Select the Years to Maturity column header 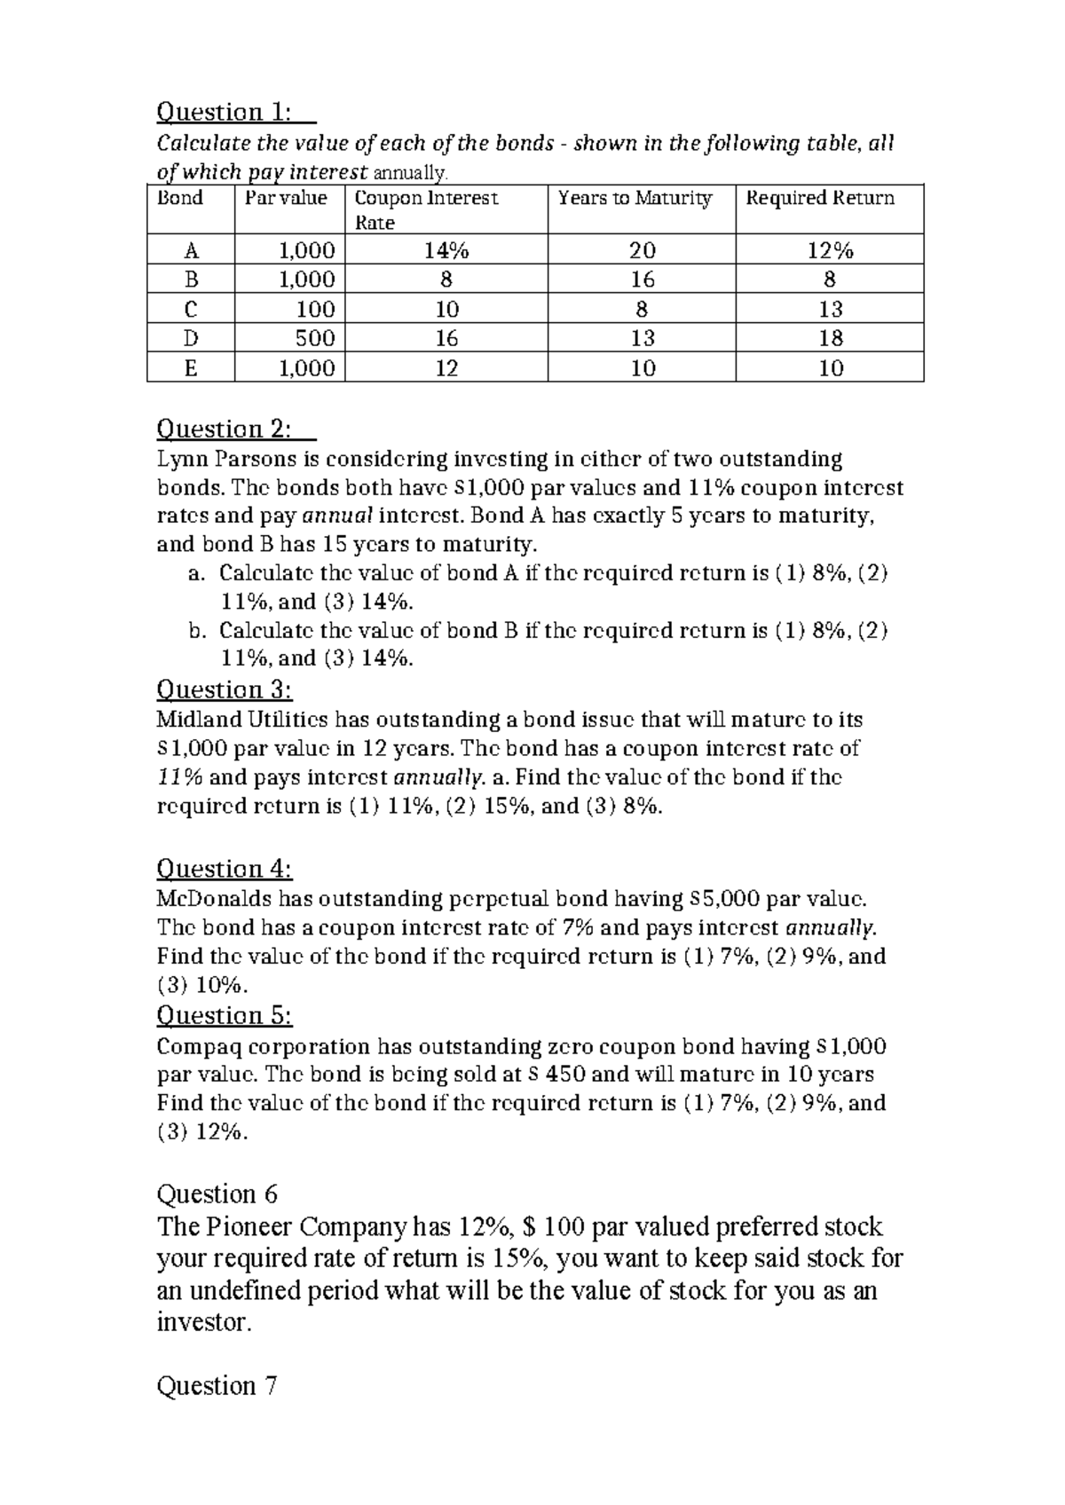click(x=635, y=199)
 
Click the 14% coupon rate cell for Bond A click(x=446, y=251)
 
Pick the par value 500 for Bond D click(x=315, y=338)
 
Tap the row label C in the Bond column click(x=191, y=310)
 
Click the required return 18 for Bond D click(x=831, y=338)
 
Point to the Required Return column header click(x=820, y=199)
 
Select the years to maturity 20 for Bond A click(x=642, y=251)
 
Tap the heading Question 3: click(x=224, y=689)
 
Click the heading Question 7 click(x=217, y=1386)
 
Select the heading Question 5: click(x=224, y=1015)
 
